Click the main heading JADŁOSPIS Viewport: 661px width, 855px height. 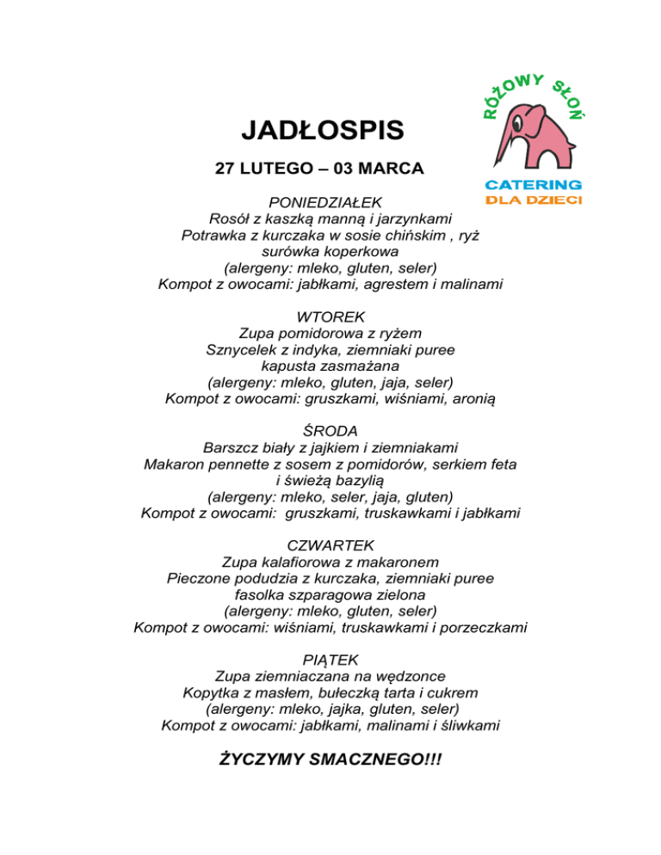pos(322,131)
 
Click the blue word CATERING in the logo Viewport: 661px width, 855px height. pos(534,184)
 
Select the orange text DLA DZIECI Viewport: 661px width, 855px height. pos(534,200)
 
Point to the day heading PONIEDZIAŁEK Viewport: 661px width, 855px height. pos(325,202)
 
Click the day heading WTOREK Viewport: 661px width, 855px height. pos(330,317)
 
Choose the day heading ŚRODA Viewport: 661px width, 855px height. pos(330,431)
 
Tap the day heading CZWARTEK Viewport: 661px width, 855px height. pos(330,545)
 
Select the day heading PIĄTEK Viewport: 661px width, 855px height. pos(330,660)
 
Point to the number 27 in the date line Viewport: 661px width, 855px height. pos(225,169)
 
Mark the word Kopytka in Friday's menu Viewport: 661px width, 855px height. pos(210,692)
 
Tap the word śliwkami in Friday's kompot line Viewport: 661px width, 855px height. pos(469,726)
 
